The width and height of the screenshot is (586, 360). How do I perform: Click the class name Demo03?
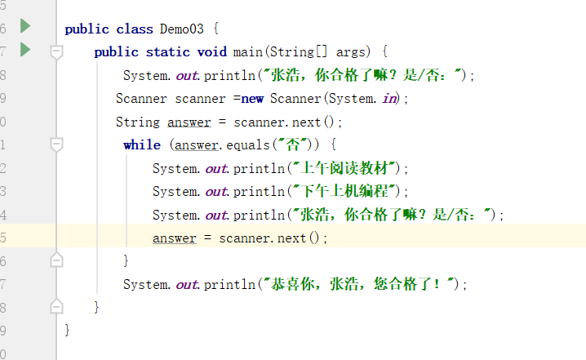182,29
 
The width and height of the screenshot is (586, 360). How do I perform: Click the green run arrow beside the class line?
25,27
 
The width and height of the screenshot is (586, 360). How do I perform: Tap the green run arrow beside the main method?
25,51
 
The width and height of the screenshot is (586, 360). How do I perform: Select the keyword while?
142,145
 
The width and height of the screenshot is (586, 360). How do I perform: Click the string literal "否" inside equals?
294,145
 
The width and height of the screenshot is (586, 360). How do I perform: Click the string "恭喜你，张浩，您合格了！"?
359,285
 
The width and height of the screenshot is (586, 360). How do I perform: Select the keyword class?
134,29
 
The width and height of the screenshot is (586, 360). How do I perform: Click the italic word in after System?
389,99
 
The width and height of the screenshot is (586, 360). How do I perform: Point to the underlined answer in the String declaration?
189,122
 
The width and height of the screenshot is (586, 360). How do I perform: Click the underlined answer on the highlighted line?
174,238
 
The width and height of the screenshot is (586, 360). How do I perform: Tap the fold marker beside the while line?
56,145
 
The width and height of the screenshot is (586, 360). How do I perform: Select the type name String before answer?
138,122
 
